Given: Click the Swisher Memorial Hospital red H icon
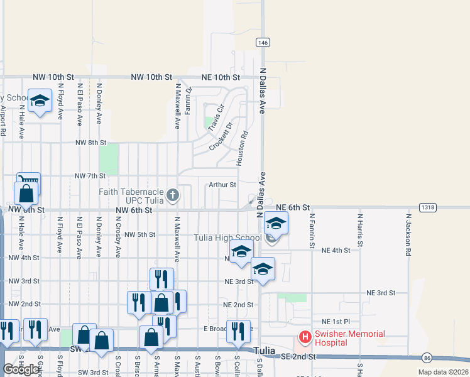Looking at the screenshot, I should (305, 337).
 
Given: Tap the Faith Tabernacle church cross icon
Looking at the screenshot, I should (172, 195).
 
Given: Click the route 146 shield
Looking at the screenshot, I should (263, 42).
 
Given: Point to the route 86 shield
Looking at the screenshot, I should (427, 358).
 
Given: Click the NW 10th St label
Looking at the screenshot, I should (151, 77).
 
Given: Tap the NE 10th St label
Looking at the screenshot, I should (221, 77).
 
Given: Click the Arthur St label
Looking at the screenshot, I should (222, 185).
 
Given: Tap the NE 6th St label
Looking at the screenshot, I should (293, 207).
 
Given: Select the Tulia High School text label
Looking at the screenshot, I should (227, 238).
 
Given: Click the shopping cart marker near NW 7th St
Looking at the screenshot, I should (28, 182).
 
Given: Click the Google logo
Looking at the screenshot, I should (21, 370).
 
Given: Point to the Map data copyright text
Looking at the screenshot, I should (442, 372).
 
